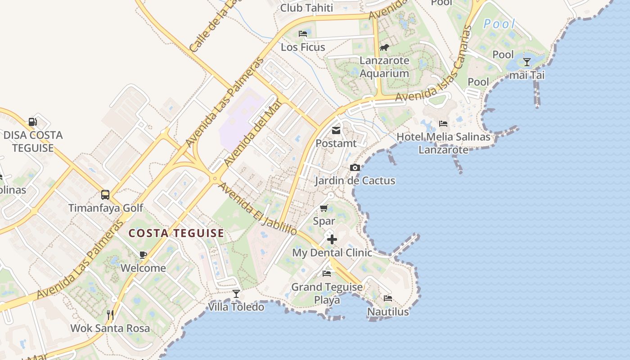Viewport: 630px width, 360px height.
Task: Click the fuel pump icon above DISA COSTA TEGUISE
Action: tap(32, 121)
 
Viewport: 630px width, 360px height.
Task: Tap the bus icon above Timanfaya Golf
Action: tap(105, 195)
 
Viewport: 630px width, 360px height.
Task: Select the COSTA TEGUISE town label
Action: tap(176, 233)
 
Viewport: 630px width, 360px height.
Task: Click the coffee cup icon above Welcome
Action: tap(143, 255)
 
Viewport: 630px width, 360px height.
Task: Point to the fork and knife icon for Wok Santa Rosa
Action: tap(110, 315)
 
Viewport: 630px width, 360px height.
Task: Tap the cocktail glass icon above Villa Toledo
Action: tap(236, 294)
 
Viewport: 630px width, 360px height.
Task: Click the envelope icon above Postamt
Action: tap(336, 130)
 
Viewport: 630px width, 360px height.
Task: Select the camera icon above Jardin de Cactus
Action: tap(355, 168)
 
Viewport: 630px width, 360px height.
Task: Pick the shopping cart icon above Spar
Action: tap(324, 208)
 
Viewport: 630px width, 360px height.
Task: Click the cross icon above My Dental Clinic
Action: tap(332, 239)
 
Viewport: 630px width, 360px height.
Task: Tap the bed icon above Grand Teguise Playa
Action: tap(327, 274)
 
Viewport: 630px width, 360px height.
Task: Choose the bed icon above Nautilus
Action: tap(388, 298)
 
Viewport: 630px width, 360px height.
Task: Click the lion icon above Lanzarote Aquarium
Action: tap(384, 47)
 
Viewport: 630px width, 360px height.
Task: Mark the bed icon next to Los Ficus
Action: tap(303, 34)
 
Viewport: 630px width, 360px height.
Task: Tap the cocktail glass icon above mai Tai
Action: tap(527, 62)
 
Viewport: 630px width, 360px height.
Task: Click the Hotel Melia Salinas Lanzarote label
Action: tap(443, 143)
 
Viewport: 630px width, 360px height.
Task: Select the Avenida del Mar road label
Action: tap(252, 133)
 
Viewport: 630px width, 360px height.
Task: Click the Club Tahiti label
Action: tap(306, 8)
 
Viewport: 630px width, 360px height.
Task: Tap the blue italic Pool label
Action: tap(499, 24)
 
